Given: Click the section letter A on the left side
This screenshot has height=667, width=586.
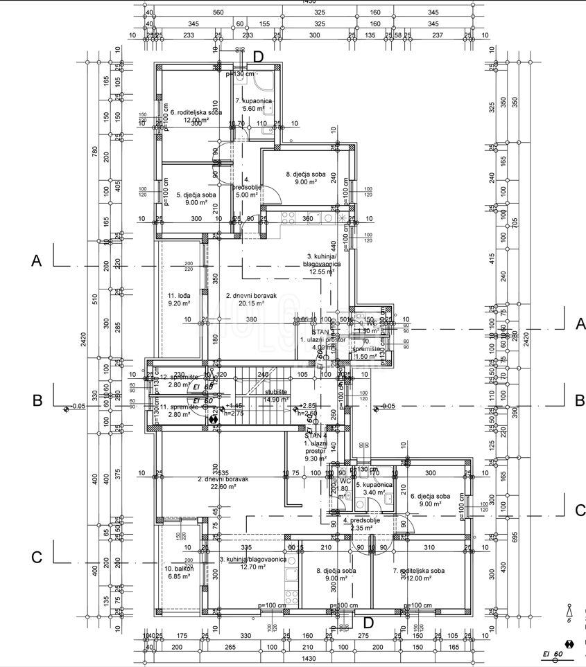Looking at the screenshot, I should pos(37,260).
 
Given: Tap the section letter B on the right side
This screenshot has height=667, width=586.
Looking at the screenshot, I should pos(578,400).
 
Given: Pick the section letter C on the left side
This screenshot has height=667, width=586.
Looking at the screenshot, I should pos(37,558).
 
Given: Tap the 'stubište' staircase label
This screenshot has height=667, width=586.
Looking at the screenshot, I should pos(276,391).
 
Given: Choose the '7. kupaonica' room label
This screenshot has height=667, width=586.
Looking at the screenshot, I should pos(252,101).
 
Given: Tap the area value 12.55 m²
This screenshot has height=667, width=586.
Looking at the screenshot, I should pos(322,272).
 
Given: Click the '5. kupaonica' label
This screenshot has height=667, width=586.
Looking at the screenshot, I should pos(371,485).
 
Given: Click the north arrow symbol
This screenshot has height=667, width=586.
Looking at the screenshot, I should pos(569,611).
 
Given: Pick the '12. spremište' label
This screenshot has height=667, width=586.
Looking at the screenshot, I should pos(179,377).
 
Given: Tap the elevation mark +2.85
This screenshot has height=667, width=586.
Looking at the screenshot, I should pos(308,405).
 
